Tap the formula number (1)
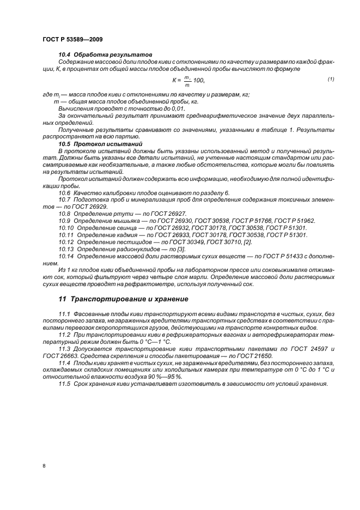point(331,80)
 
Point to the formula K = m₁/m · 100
point(188,81)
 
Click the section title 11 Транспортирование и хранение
point(123,299)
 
